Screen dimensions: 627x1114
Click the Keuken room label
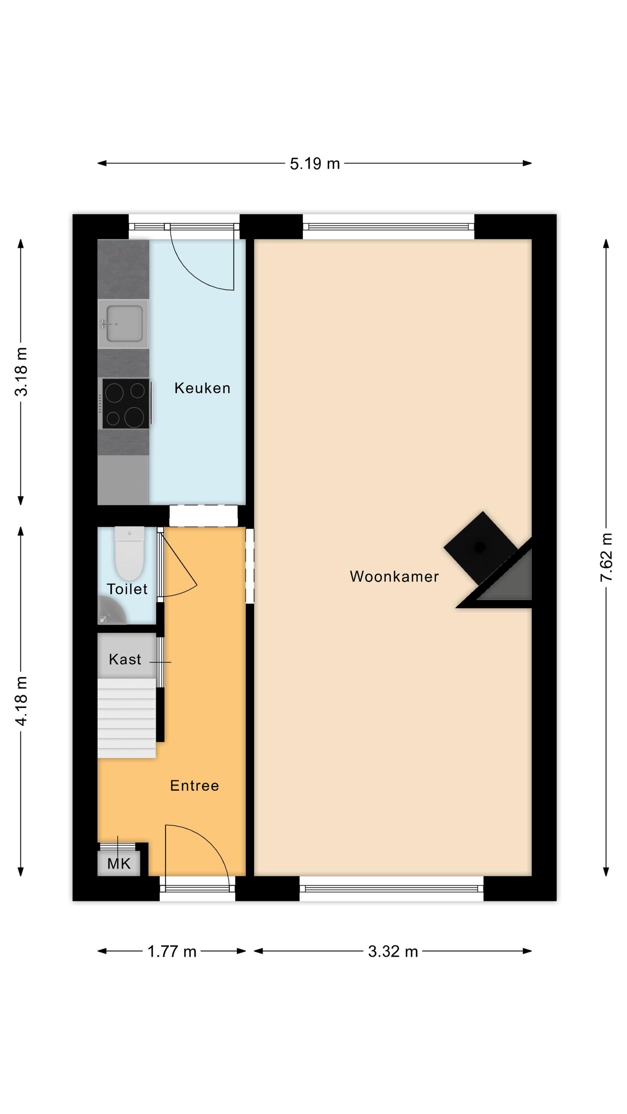coord(202,388)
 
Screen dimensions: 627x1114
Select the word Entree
coord(194,785)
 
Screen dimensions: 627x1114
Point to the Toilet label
coord(127,589)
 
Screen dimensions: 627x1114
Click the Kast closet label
coord(125,659)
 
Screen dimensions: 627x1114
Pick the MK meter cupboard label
coord(118,864)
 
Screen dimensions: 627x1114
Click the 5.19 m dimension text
coord(315,164)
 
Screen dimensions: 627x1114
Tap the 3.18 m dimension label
coord(21,371)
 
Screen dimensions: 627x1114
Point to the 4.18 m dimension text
coord(21,701)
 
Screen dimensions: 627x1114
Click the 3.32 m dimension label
coord(393,951)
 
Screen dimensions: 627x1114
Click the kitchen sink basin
coord(124,323)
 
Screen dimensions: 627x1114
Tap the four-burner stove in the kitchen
coord(126,404)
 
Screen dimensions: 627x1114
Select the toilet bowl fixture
coord(129,553)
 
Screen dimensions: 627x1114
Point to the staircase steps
coord(126,718)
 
